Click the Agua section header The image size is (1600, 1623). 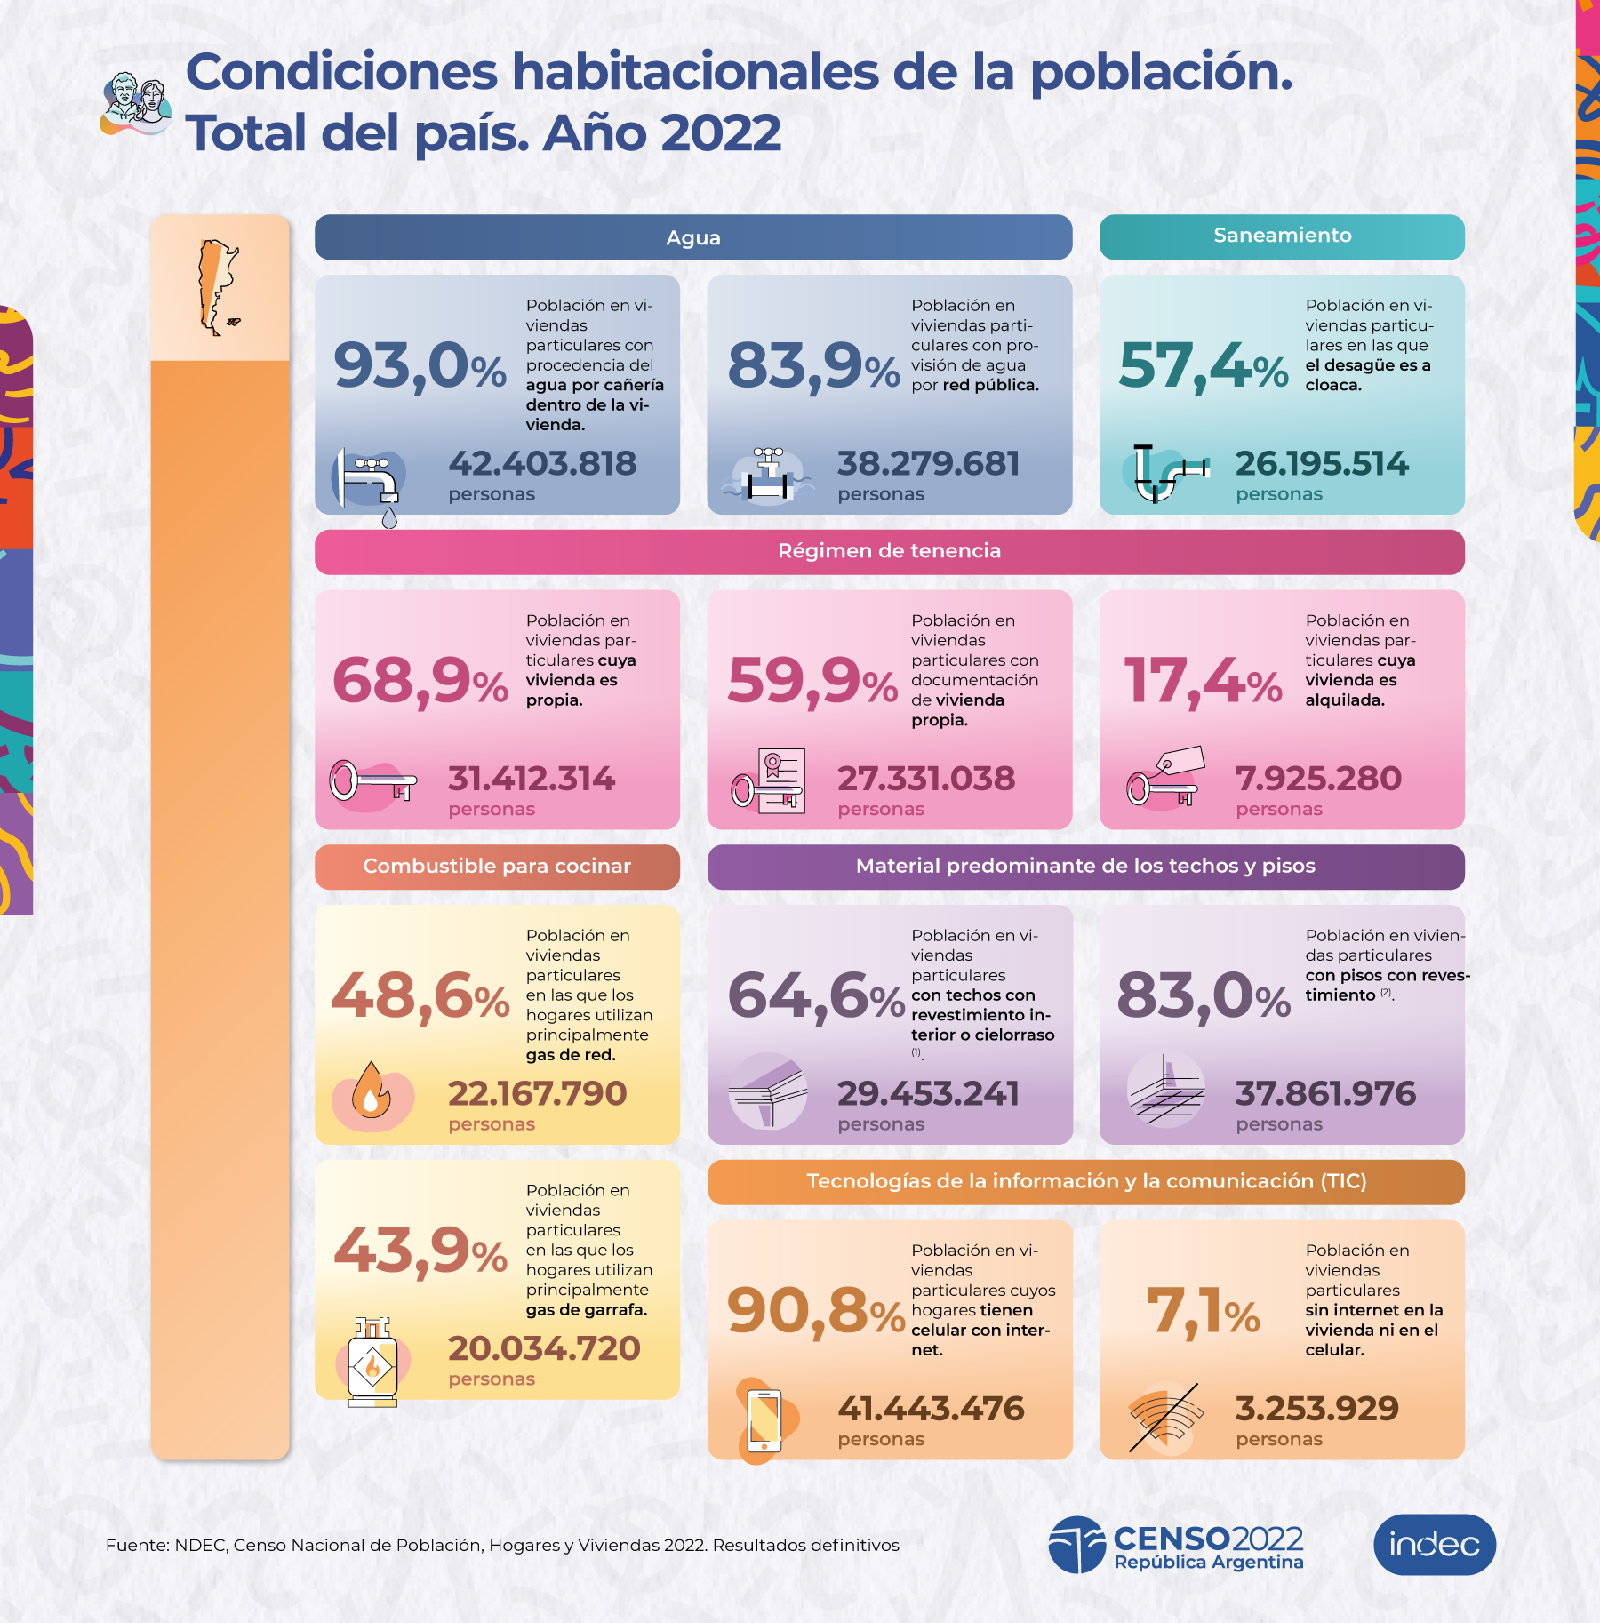[x=693, y=237]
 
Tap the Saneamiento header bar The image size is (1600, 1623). [x=1282, y=236]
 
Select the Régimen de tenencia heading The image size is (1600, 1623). [x=889, y=551]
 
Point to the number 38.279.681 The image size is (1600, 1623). [x=928, y=463]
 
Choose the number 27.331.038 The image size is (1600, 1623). [x=925, y=779]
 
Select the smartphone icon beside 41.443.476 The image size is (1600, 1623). [x=764, y=1420]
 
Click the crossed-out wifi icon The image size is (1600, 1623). [x=1164, y=1418]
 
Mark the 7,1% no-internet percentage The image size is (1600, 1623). [x=1203, y=1312]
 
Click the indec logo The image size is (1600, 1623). [x=1434, y=1544]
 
